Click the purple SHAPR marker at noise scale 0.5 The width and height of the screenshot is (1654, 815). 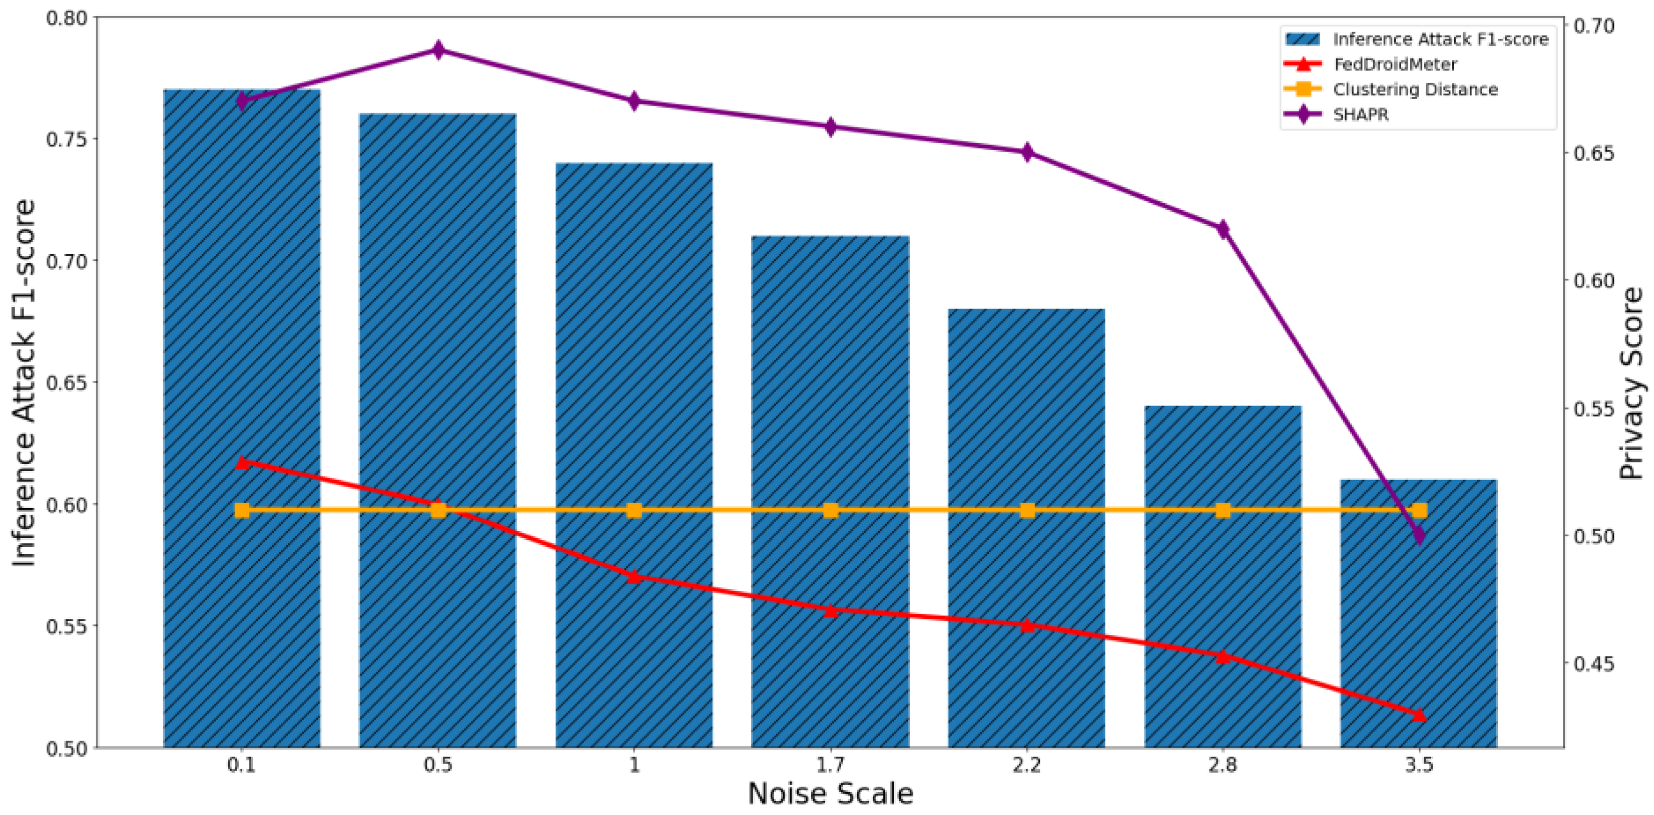pyautogui.click(x=439, y=50)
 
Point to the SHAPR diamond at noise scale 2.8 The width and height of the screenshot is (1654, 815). pyautogui.click(x=1222, y=229)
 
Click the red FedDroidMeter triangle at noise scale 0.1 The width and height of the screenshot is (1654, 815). pyautogui.click(x=242, y=462)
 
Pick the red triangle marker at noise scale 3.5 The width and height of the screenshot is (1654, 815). pyautogui.click(x=1419, y=714)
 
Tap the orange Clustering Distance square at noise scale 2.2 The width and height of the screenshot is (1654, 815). pyautogui.click(x=1026, y=510)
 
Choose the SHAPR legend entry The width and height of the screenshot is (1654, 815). pyautogui.click(x=1361, y=114)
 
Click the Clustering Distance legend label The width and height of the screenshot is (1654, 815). pyautogui.click(x=1415, y=89)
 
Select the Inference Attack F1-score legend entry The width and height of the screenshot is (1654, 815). pyautogui.click(x=1440, y=39)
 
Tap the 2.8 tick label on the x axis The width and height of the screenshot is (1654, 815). pyautogui.click(x=1222, y=766)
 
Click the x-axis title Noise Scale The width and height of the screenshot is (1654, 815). pyautogui.click(x=830, y=794)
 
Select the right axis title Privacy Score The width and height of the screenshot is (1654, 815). pyautogui.click(x=1631, y=383)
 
